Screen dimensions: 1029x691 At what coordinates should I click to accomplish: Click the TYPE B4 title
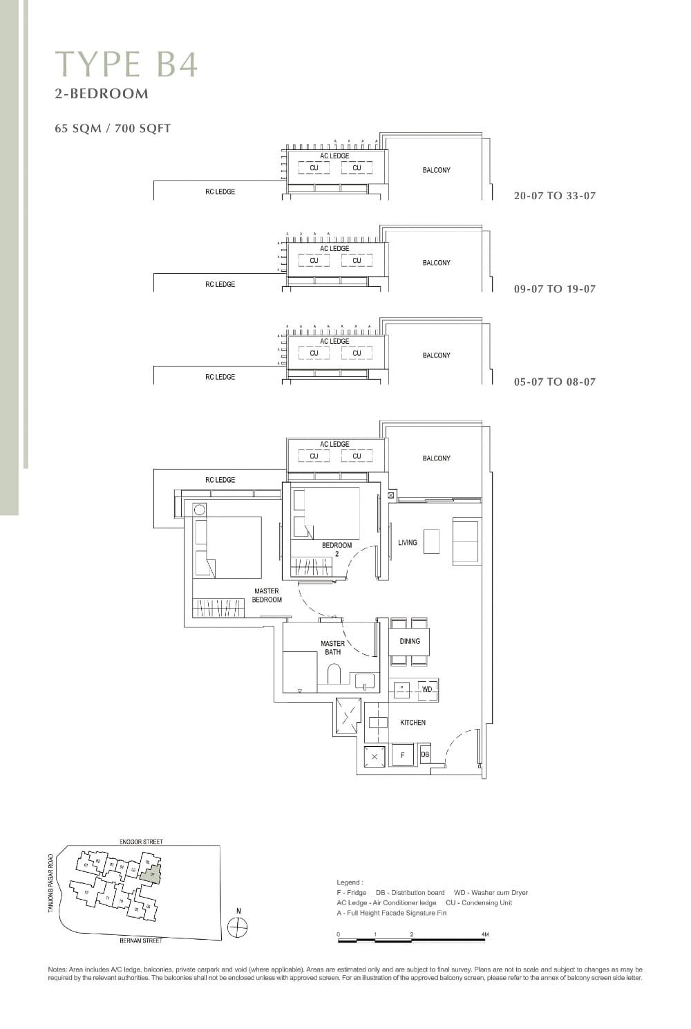pos(126,64)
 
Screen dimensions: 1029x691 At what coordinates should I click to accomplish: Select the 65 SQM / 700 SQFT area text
pos(113,128)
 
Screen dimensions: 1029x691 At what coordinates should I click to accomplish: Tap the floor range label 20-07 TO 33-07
pos(554,196)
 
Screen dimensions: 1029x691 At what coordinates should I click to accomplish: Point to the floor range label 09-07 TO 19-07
pos(554,289)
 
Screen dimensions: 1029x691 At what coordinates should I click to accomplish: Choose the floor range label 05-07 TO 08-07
pos(554,382)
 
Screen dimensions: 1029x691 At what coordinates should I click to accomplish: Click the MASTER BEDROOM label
pos(267,595)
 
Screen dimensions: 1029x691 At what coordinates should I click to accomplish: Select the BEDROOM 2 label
pos(337,549)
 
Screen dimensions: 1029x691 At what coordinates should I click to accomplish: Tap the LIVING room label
pos(408,543)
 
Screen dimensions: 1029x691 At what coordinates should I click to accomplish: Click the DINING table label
pos(410,641)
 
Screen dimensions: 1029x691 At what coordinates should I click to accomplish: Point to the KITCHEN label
pos(413,723)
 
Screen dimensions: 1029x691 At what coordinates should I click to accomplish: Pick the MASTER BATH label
pos(332,647)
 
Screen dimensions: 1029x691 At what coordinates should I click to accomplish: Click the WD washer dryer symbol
pos(427,689)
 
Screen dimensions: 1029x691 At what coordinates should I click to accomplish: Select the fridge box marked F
pos(402,756)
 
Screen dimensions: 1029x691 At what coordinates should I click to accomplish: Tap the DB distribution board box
pos(425,754)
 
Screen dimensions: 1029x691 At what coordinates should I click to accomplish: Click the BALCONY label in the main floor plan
pos(436,458)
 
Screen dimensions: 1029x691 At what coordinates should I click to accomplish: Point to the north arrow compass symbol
pos(238,927)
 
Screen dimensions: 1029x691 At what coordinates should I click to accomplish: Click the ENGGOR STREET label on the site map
pos(141,842)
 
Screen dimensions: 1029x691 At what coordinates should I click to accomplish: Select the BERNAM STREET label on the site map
pos(141,940)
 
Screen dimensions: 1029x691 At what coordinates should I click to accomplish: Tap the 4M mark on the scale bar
pos(485,934)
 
